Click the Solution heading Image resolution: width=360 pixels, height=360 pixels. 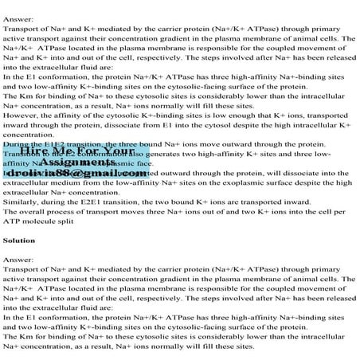click(18, 239)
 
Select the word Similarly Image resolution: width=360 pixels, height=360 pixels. click(21, 202)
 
